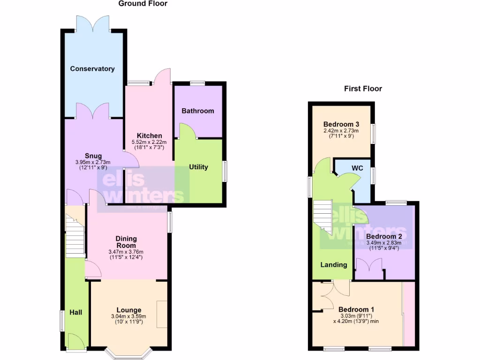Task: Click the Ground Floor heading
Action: click(x=142, y=4)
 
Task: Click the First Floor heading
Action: click(x=363, y=88)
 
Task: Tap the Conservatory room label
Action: click(x=92, y=69)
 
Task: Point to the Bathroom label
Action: click(x=198, y=111)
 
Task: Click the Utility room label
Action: click(x=198, y=167)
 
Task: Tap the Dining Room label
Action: click(x=126, y=242)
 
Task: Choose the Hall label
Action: click(x=76, y=312)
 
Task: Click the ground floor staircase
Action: click(x=74, y=237)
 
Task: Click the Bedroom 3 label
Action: click(x=341, y=124)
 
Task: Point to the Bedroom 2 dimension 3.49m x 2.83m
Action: click(x=383, y=242)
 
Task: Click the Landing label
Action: click(x=334, y=265)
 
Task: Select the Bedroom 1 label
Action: click(x=356, y=309)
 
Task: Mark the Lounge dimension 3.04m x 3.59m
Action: click(x=128, y=316)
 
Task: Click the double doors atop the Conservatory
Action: click(x=92, y=23)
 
